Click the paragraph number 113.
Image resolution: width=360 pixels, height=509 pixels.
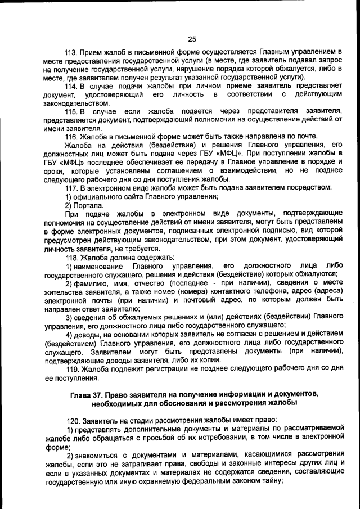71,53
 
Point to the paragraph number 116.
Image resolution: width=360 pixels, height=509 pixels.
71,137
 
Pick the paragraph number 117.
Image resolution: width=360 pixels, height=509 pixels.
71,187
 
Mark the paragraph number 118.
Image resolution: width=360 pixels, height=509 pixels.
71,257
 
